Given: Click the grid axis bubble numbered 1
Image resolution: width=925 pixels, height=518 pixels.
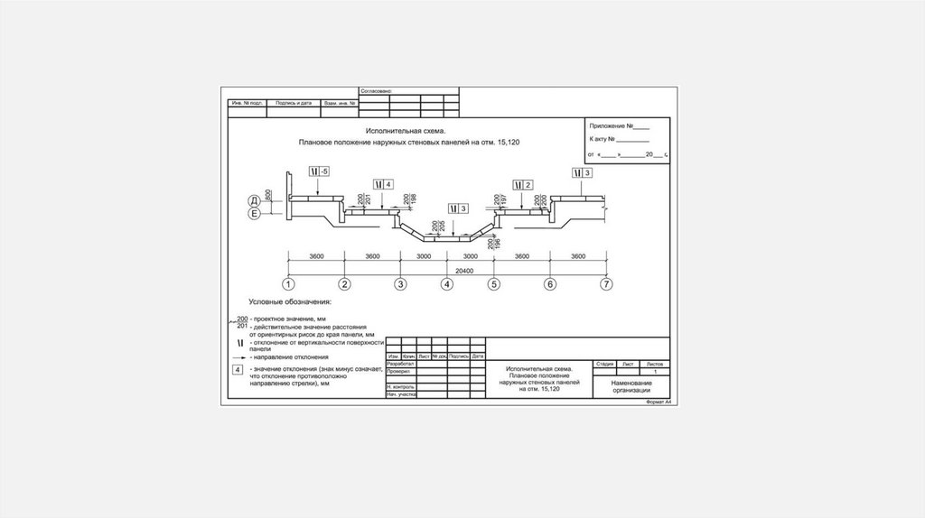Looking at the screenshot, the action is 287,284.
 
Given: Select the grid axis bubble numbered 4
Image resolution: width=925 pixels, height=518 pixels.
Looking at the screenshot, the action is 446,284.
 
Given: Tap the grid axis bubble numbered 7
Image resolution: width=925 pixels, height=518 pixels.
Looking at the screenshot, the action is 607,284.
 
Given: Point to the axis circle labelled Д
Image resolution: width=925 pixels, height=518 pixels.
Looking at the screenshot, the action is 255,199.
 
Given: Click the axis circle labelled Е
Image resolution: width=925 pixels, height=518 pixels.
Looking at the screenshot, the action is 255,214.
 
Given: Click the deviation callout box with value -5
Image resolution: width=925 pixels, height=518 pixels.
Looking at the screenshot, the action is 319,171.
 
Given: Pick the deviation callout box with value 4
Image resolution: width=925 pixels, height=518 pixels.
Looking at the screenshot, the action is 383,183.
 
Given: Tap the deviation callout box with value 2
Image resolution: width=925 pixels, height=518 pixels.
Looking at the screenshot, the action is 524,184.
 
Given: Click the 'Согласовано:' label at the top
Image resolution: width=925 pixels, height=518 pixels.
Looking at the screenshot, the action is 376,91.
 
